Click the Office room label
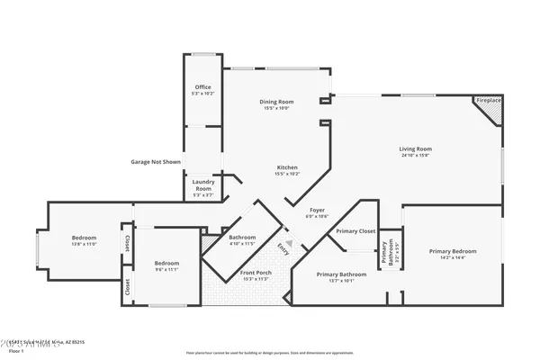coord(202,87)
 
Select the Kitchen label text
coord(287,167)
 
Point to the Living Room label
coord(416,148)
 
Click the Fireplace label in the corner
coord(489,101)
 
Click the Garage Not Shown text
coord(156,162)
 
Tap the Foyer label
coord(319,211)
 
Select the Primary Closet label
coord(355,231)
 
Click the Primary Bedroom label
coord(453,251)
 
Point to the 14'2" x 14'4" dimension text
coord(453,258)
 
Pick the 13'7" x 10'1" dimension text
coord(341,280)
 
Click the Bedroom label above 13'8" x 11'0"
coord(84,238)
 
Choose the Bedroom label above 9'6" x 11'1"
coord(166,263)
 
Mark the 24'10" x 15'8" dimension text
coord(416,155)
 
